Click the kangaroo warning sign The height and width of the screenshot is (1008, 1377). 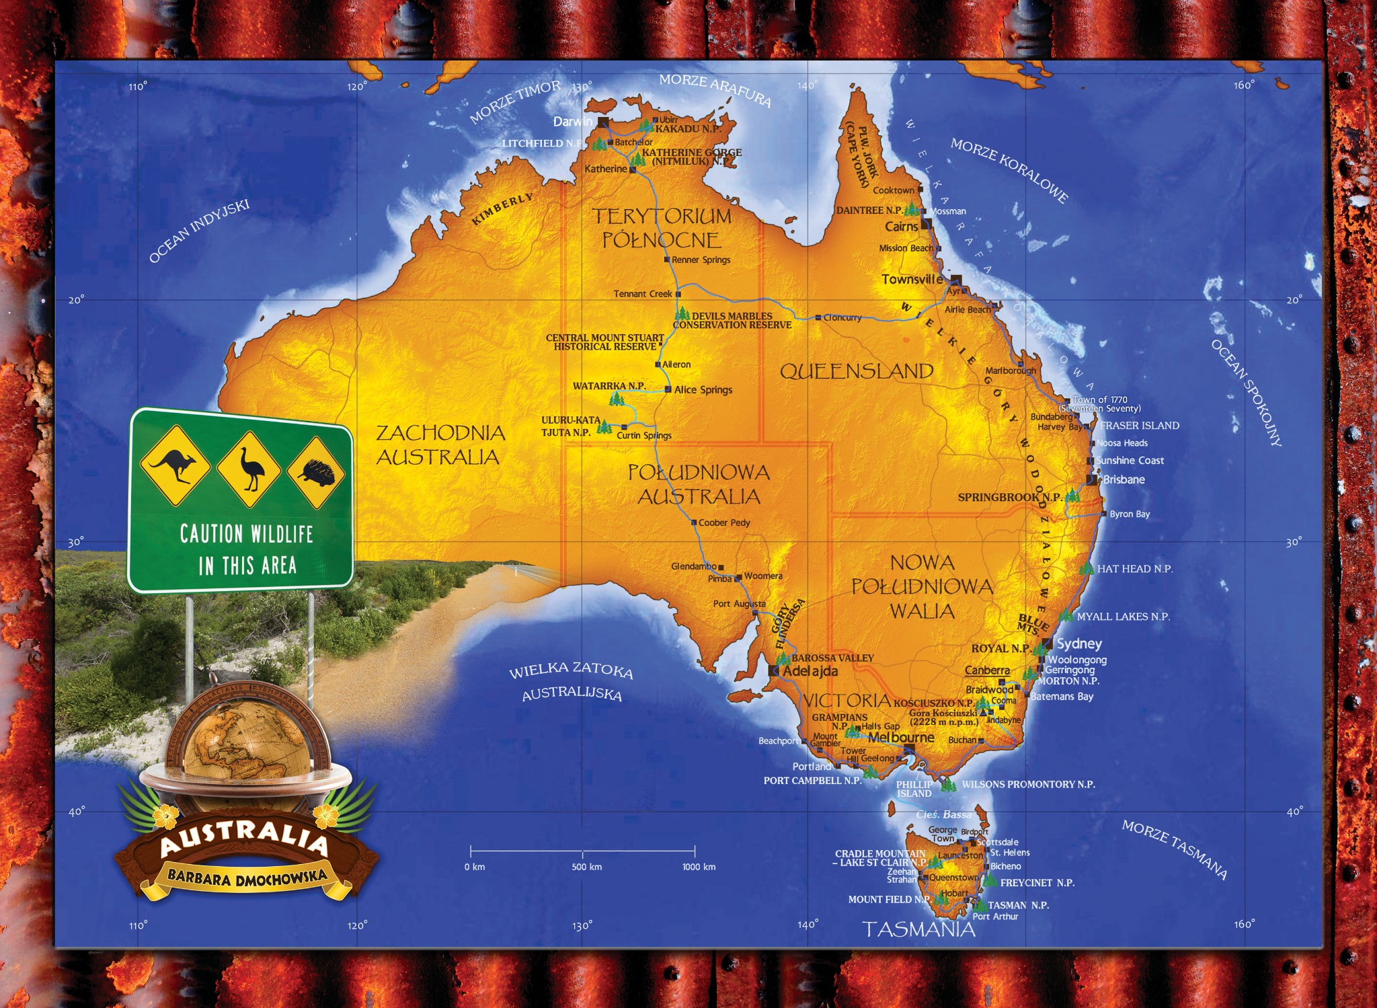(175, 465)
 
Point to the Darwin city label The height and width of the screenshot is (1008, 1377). (572, 122)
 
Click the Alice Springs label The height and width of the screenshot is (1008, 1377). (703, 390)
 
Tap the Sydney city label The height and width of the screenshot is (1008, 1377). (1079, 644)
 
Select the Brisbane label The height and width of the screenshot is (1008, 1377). (1124, 479)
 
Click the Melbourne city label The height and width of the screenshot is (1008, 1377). (900, 738)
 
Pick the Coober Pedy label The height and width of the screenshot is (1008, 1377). (724, 522)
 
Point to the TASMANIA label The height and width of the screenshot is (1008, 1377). (918, 929)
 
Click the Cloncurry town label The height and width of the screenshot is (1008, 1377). (842, 317)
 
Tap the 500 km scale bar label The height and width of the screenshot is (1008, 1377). (586, 867)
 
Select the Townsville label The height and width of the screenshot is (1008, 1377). (912, 279)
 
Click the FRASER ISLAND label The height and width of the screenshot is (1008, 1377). (1139, 426)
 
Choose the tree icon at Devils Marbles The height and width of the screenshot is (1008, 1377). (682, 313)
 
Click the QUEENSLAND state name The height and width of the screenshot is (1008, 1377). (857, 371)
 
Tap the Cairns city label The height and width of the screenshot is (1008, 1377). (901, 227)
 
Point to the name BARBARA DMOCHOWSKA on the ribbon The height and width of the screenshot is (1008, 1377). (247, 877)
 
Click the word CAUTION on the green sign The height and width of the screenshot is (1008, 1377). (211, 534)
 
